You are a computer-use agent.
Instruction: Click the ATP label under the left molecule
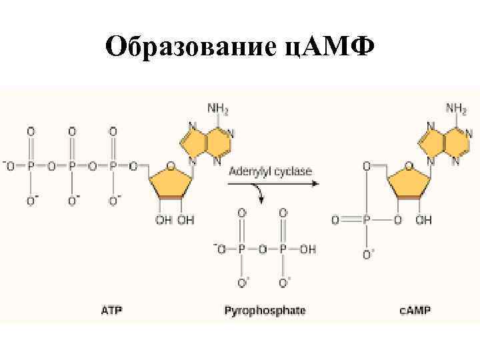click(112, 311)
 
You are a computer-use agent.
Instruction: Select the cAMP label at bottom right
click(414, 311)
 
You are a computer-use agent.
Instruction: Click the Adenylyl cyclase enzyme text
click(270, 171)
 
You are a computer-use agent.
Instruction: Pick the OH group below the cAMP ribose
click(424, 220)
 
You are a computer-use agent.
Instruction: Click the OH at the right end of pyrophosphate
click(308, 248)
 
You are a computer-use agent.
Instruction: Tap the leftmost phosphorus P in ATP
click(30, 165)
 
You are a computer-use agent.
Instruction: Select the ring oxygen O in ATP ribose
click(171, 165)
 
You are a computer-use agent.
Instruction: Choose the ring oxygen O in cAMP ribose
click(409, 165)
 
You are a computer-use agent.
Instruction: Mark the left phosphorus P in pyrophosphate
click(242, 248)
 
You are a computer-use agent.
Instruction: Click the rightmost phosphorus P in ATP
click(113, 165)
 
